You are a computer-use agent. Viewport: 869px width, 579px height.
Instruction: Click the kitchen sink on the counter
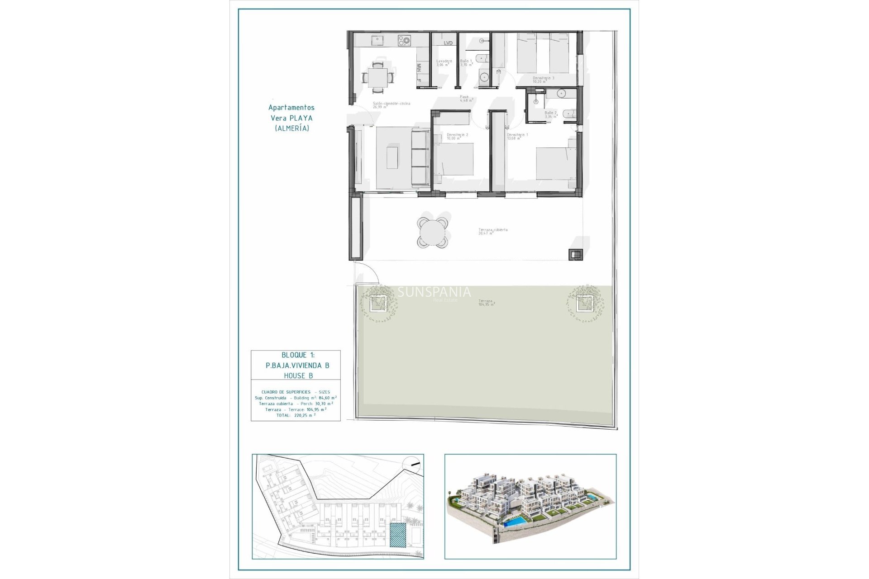click(x=376, y=41)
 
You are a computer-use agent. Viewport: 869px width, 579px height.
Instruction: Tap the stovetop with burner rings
click(x=404, y=41)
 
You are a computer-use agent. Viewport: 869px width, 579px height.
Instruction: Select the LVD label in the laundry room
click(x=448, y=43)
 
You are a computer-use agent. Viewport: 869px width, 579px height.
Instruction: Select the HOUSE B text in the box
click(x=298, y=375)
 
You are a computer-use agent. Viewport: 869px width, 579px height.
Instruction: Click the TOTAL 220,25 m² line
click(x=296, y=415)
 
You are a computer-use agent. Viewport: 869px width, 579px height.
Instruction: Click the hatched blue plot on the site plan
click(x=398, y=536)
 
